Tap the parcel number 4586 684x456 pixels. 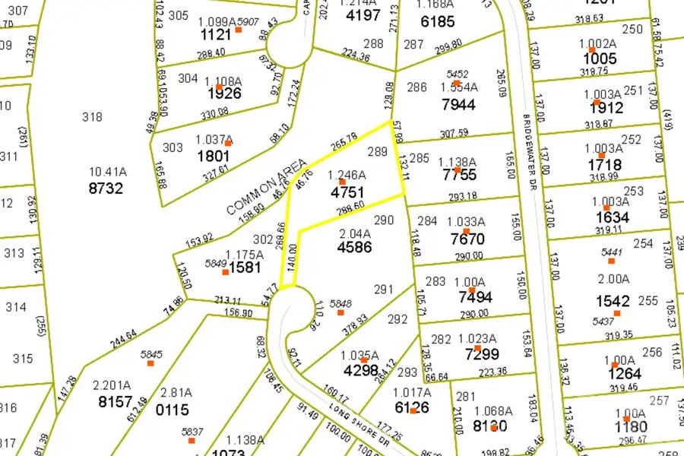354,248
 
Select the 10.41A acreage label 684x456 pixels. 109,173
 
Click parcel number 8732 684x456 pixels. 106,188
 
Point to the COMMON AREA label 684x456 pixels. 267,186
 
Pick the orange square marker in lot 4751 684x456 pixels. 342,182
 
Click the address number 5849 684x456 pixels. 216,264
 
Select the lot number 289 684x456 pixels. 377,152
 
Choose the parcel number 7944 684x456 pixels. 458,103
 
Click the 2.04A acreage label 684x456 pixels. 354,233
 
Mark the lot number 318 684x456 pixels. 92,116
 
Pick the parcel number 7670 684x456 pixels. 467,239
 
